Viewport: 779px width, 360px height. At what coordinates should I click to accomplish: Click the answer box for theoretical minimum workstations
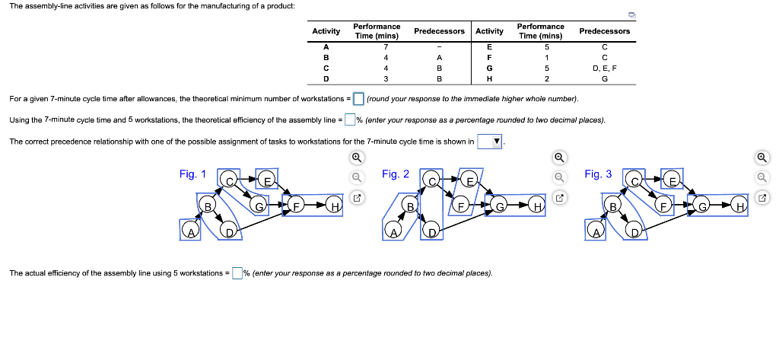(x=359, y=99)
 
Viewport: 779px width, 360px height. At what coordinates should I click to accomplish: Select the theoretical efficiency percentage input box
(x=350, y=119)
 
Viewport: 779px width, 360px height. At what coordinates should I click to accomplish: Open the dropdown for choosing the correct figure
(x=489, y=141)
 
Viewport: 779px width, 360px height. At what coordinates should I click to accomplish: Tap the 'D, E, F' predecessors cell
(x=604, y=68)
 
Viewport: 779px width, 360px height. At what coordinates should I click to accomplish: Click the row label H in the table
(x=489, y=78)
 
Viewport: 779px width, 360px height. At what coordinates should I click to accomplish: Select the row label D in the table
(x=326, y=78)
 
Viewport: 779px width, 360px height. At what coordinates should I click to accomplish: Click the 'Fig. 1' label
(x=192, y=174)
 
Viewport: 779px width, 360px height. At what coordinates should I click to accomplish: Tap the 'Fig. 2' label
(x=396, y=174)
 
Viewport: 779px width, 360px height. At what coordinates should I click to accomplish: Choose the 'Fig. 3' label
(x=598, y=174)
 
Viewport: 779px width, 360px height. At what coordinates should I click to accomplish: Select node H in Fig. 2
(x=538, y=206)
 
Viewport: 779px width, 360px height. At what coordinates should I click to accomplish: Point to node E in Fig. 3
(x=672, y=180)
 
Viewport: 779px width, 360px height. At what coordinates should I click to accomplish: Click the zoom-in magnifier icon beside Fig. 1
(x=355, y=158)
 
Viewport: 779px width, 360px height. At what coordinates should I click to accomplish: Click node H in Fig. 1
(x=333, y=206)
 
